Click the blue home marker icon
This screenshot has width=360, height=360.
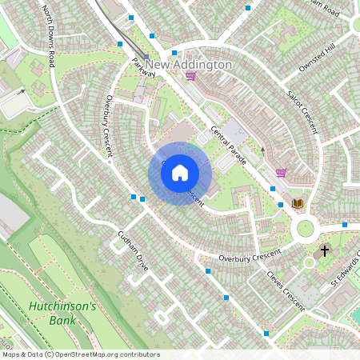click(x=180, y=173)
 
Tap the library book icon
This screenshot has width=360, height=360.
click(x=298, y=204)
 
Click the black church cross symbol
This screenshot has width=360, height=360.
click(x=325, y=250)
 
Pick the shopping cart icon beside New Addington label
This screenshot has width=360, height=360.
click(x=190, y=77)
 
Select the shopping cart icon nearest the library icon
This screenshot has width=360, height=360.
click(x=281, y=172)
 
